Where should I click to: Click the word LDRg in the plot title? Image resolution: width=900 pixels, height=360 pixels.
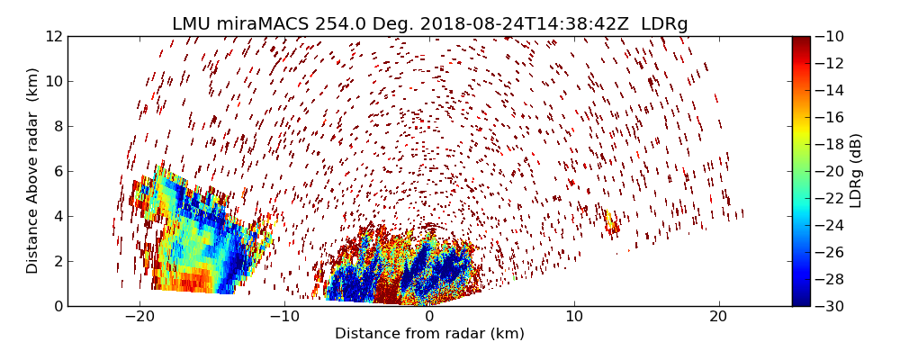664,24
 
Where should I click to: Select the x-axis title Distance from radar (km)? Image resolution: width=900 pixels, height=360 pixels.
429,334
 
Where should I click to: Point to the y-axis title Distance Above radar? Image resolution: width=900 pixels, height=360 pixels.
33,170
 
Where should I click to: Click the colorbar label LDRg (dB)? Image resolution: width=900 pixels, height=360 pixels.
855,170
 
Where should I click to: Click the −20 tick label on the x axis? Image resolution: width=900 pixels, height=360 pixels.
139,317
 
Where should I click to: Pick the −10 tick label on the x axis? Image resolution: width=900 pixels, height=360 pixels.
284,317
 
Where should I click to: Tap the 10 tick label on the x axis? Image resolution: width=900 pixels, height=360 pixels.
574,317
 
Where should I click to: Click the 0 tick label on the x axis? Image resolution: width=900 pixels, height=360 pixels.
429,317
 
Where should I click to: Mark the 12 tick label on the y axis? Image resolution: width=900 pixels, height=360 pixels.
54,36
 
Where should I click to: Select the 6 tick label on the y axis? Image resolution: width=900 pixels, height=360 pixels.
58,171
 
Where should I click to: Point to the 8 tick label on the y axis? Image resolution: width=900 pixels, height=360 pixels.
58,126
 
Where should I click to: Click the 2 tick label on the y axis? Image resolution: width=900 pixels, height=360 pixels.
58,261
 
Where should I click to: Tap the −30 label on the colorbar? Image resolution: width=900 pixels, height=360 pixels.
829,306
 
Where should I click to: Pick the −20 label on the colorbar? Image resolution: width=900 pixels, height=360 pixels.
829,171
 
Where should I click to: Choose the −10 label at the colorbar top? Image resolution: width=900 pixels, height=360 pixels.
829,36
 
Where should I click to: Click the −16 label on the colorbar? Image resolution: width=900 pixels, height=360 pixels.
829,117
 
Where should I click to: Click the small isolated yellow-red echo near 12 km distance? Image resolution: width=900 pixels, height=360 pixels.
611,221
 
